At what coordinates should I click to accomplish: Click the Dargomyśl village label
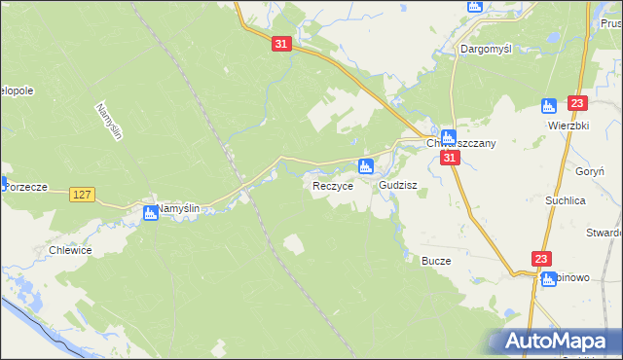coord(487,48)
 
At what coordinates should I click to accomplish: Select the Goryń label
coord(591,169)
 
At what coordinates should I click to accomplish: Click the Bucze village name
coord(434,261)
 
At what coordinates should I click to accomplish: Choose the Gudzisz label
coord(398,184)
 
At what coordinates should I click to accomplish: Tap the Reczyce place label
coord(332,185)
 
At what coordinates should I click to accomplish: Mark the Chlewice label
coord(69,250)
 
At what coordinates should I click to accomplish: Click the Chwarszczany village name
coord(462,143)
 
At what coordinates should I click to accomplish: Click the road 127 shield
coord(83,196)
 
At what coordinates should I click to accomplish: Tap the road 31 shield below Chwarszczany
coord(449,158)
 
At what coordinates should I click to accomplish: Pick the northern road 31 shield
coord(281,45)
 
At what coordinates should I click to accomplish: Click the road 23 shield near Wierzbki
coord(577,103)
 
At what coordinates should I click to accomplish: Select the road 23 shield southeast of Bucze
coord(542,259)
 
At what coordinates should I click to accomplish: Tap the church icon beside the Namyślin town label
coord(150,212)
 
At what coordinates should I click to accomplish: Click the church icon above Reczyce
coord(365,166)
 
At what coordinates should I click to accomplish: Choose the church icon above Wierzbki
coord(548,105)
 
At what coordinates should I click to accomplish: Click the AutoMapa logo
coord(558,342)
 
